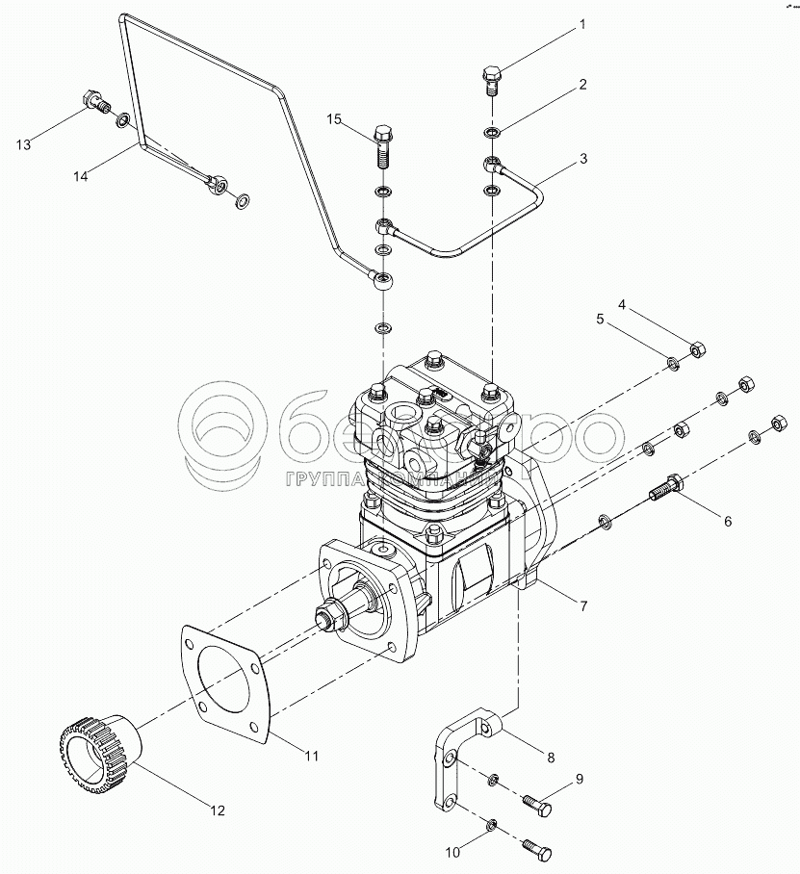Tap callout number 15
334,119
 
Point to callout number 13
23,144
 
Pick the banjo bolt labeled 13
95,101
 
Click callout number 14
82,176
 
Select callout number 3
583,158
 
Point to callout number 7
583,604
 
